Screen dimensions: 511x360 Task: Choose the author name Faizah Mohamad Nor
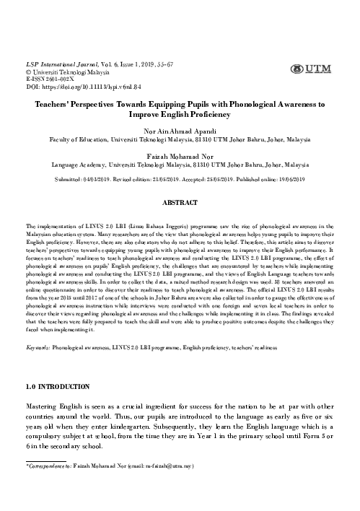(x=180, y=163)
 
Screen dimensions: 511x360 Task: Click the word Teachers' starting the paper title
(x=56, y=105)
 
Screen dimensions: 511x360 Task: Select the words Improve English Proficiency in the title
(x=180, y=114)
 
